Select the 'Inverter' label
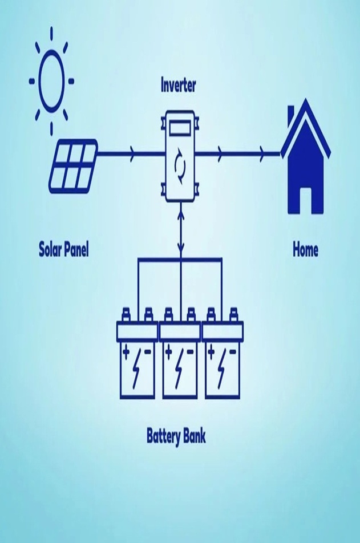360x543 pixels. tap(179, 86)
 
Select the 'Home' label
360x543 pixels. tap(305, 250)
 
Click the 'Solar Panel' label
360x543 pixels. tap(64, 250)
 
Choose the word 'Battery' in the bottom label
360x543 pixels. tap(164, 437)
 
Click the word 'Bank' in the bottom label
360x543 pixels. tap(195, 437)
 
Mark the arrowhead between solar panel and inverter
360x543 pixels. tap(133, 153)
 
